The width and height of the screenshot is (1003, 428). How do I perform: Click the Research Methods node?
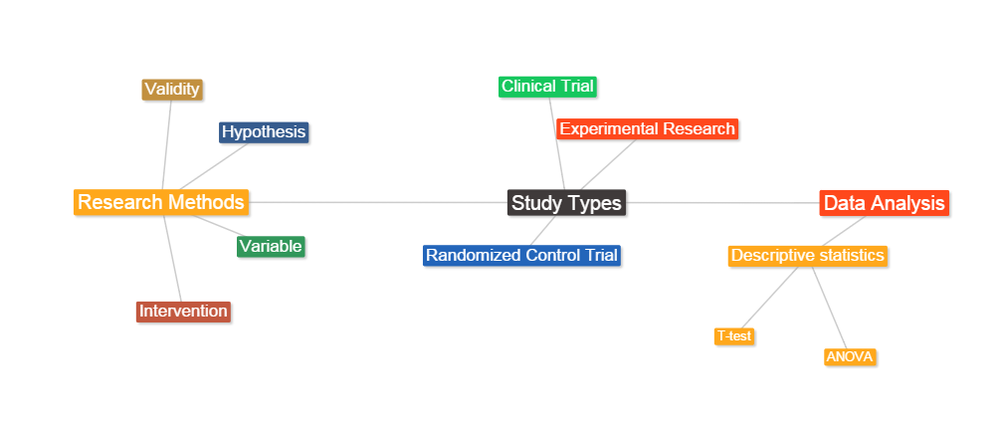161,202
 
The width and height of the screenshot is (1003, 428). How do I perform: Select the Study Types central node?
567,203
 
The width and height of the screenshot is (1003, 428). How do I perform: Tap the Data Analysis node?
884,203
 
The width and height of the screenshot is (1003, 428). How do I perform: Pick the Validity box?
172,90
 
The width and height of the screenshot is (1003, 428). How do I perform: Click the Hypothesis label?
264,132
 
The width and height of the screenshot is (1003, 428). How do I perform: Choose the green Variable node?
271,246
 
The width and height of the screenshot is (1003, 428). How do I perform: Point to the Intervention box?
183,312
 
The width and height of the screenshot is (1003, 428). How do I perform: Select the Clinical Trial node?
547,87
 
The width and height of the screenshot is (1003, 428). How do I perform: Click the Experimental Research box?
648,128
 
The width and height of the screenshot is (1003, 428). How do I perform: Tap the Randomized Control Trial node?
522,255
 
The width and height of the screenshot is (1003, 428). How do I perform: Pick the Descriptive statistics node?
808,256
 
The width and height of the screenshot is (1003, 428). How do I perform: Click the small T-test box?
734,335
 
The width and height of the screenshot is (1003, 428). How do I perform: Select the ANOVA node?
850,357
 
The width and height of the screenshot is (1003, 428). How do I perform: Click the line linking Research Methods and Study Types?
378,203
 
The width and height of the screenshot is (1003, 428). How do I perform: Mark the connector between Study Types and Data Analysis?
722,203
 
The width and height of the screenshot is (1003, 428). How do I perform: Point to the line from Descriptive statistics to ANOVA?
829,308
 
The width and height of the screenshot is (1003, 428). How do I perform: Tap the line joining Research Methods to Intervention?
172,259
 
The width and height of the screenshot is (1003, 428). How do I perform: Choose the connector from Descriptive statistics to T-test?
770,298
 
